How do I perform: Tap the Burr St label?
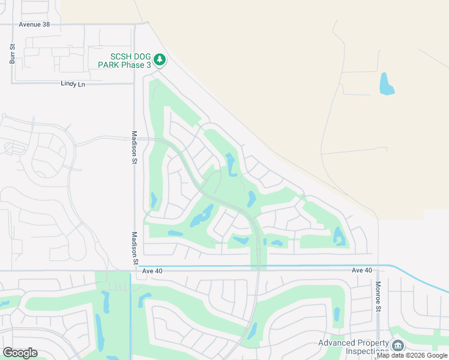click(11, 55)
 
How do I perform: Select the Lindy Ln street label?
click(73, 85)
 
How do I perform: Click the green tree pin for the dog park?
click(159, 59)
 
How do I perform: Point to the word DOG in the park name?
click(138, 56)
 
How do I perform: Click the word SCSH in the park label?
click(113, 56)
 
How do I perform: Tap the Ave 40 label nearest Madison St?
click(153, 271)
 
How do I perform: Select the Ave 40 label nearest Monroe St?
click(362, 271)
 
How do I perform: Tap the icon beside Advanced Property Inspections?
click(397, 346)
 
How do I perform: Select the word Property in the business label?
click(373, 343)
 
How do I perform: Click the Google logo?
click(20, 353)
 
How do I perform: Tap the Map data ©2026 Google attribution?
click(412, 356)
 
